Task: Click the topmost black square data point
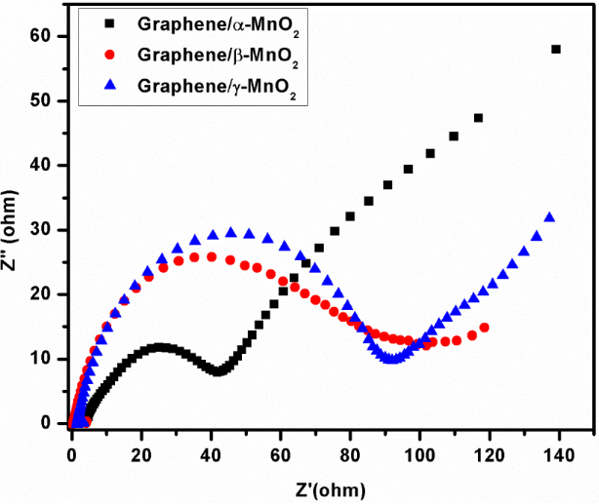coord(556,49)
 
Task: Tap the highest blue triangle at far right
coord(549,217)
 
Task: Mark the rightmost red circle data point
coord(485,328)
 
